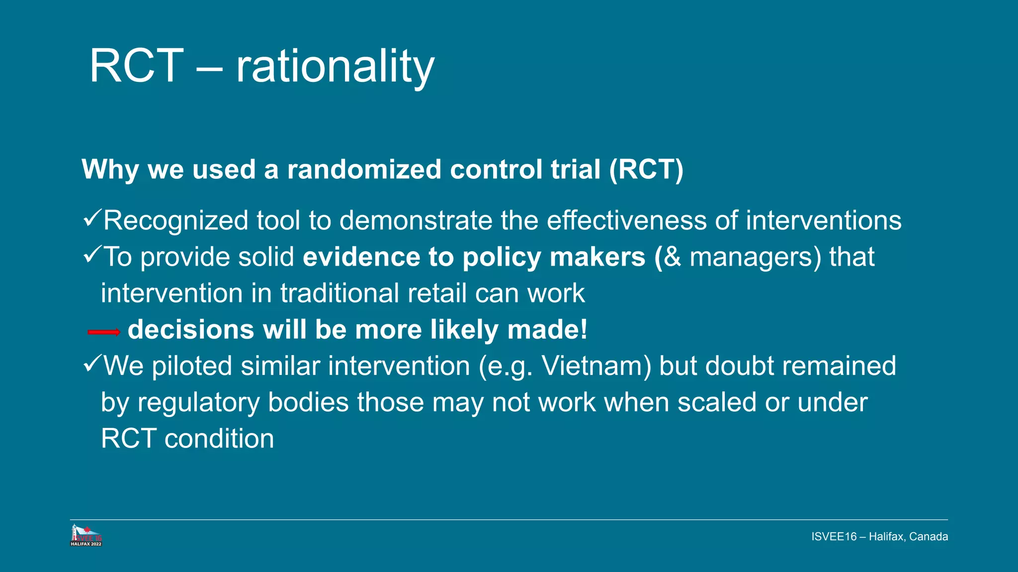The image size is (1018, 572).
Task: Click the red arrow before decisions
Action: coord(104,332)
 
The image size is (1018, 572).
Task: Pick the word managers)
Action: coord(756,257)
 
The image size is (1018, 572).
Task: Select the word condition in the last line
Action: coord(219,439)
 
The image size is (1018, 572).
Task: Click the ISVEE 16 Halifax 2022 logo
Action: coord(86,536)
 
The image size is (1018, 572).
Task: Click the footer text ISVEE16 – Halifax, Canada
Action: coord(879,537)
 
